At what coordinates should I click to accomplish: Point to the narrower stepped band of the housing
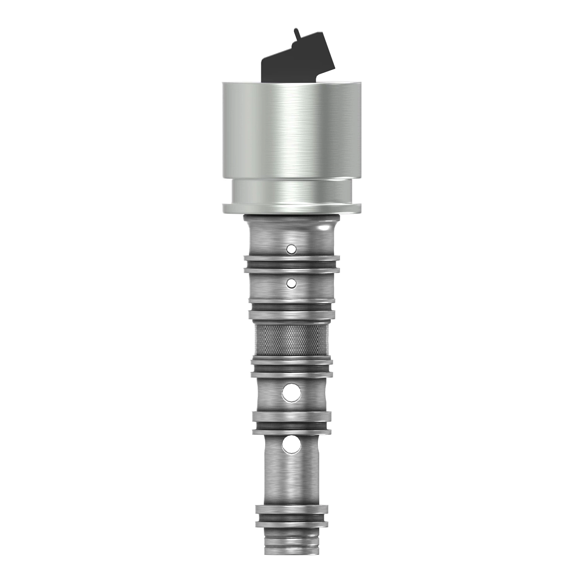(291, 190)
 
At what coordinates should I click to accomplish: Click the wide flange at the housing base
(291, 209)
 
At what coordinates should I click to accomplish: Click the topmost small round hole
(291, 249)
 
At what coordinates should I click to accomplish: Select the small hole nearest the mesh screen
(291, 283)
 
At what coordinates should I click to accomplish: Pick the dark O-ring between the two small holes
(291, 265)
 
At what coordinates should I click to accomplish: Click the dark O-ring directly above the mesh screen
(291, 307)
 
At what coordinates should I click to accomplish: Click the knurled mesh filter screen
(291, 341)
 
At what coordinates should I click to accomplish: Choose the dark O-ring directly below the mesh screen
(291, 368)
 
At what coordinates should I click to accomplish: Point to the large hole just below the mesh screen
(291, 392)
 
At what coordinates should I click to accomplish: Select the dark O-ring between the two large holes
(291, 425)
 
